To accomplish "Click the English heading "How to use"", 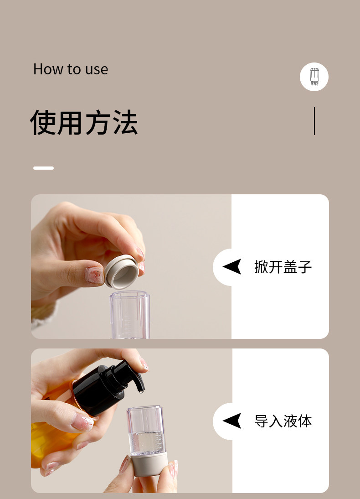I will pyautogui.click(x=71, y=69).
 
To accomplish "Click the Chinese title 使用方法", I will pyautogui.click(x=84, y=123).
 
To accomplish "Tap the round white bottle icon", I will pyautogui.click(x=314, y=77).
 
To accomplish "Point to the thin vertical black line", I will pyautogui.click(x=314, y=121).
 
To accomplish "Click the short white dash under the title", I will pyautogui.click(x=43, y=168).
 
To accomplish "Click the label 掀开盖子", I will pyautogui.click(x=283, y=267).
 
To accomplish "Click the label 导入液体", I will pyautogui.click(x=283, y=421).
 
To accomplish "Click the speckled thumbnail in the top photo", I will pyautogui.click(x=95, y=275).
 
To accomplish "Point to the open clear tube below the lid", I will pyautogui.click(x=129, y=315).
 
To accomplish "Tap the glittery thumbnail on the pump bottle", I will pyautogui.click(x=82, y=422).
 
